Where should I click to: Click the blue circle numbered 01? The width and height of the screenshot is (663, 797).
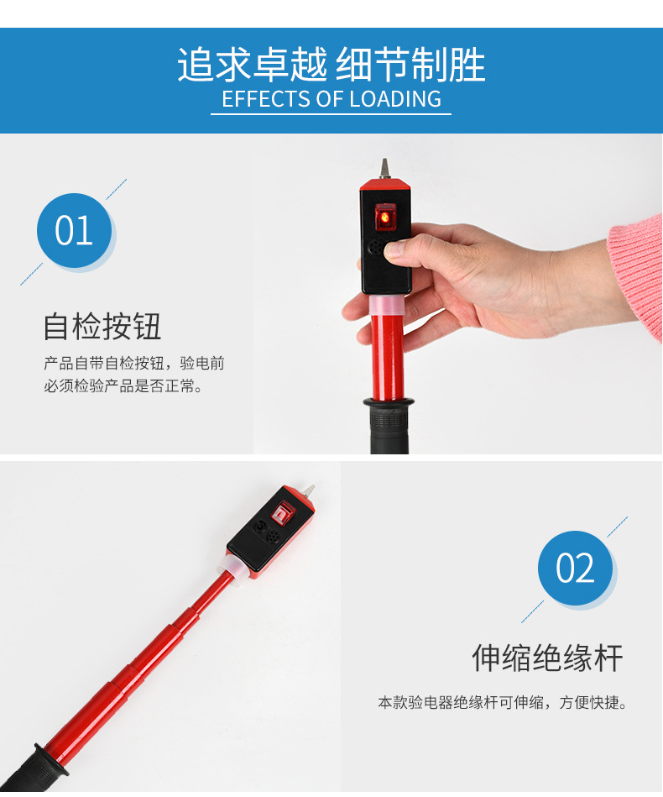coord(74,230)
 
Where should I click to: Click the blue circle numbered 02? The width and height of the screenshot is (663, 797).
coord(575,568)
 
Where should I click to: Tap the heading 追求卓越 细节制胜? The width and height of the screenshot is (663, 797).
coord(331,65)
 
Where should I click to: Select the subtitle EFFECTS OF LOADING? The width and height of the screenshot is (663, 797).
coord(331,98)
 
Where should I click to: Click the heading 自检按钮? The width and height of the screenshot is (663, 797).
coord(102,326)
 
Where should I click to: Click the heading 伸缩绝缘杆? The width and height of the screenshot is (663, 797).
coord(547,658)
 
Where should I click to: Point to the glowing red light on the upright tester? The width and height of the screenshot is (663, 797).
coord(385,217)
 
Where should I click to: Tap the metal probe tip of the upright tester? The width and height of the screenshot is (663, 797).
coord(384,168)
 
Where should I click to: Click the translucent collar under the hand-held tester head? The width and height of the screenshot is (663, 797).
coord(387,305)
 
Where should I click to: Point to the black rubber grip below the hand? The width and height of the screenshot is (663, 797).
coord(389,426)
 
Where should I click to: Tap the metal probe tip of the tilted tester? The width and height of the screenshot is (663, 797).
coord(308,490)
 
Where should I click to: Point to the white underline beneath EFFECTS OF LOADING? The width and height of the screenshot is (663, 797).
coord(331,114)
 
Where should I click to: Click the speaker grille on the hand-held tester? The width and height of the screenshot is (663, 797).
coord(376,248)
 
